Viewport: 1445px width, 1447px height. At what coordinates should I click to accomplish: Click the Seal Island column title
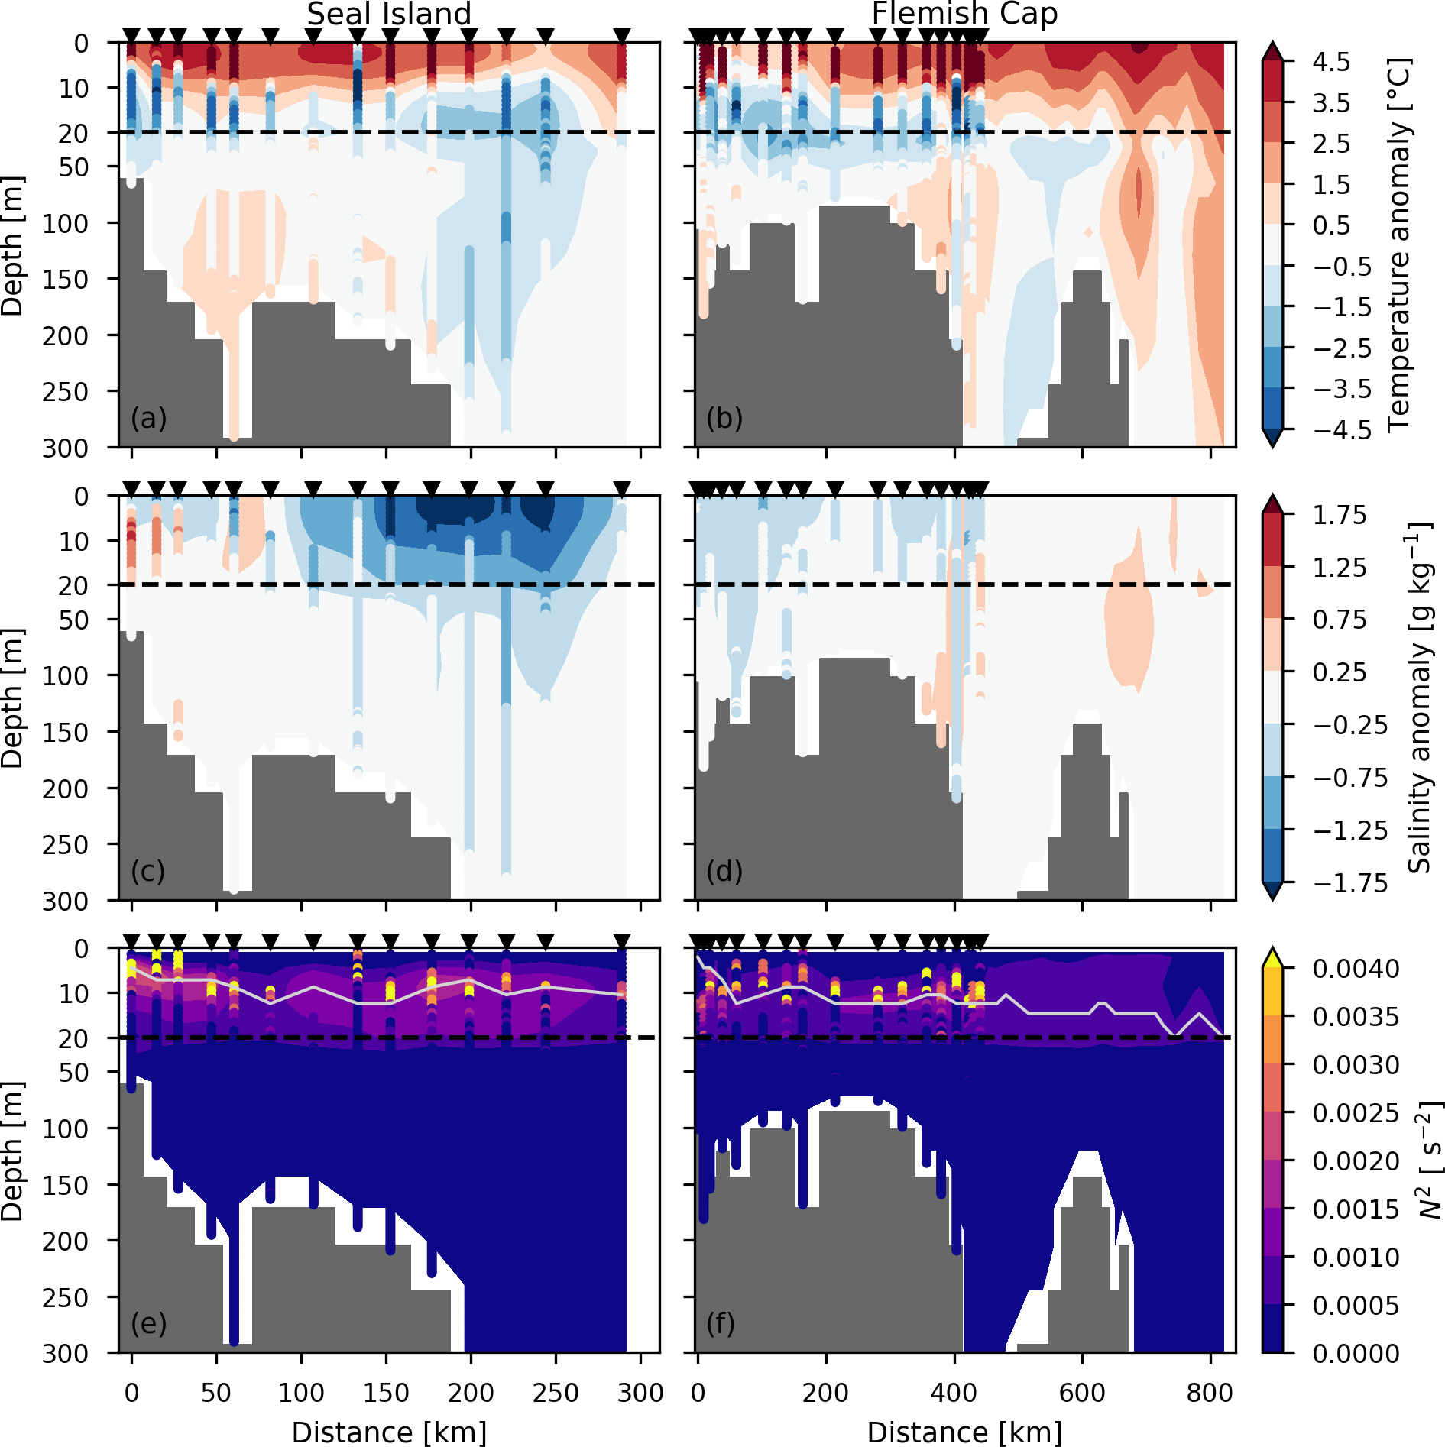(x=389, y=15)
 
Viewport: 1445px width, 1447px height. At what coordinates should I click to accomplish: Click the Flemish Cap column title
(x=964, y=15)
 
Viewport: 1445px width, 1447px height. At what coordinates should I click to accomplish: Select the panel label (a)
(x=148, y=418)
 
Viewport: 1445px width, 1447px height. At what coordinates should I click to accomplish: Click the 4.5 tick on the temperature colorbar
(x=1331, y=62)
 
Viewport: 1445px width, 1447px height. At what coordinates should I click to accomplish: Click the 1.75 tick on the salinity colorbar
(x=1339, y=515)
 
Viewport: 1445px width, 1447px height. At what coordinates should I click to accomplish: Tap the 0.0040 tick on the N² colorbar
(x=1356, y=969)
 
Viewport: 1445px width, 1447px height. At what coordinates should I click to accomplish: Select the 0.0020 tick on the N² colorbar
(x=1356, y=1161)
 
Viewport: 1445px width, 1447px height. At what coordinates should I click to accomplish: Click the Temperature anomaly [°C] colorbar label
(x=1398, y=244)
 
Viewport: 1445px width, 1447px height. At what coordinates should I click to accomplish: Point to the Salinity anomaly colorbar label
(x=1419, y=698)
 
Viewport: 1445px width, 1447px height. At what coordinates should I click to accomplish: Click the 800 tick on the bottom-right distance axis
(x=1210, y=1393)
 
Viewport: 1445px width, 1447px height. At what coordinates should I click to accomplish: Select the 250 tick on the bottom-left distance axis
(x=556, y=1393)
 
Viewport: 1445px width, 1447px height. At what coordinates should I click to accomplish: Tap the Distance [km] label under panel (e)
(x=389, y=1432)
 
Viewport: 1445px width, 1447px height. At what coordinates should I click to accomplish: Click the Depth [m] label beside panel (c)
(x=13, y=698)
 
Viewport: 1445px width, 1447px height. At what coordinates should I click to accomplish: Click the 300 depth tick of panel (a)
(x=66, y=448)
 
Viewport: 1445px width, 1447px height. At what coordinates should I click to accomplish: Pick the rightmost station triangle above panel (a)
(x=622, y=35)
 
